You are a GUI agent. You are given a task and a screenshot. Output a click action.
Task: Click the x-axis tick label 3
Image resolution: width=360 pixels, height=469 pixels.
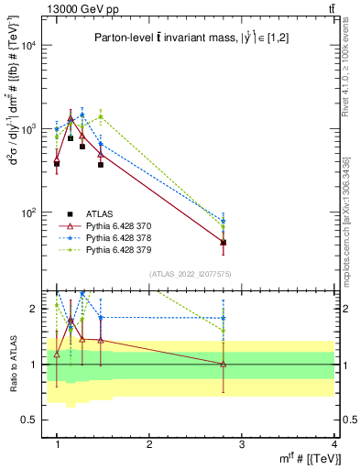242,444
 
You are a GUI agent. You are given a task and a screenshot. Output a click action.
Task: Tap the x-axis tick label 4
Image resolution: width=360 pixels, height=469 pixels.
333,444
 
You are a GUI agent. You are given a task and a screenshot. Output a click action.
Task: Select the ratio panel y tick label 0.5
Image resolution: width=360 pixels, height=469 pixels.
30,420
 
